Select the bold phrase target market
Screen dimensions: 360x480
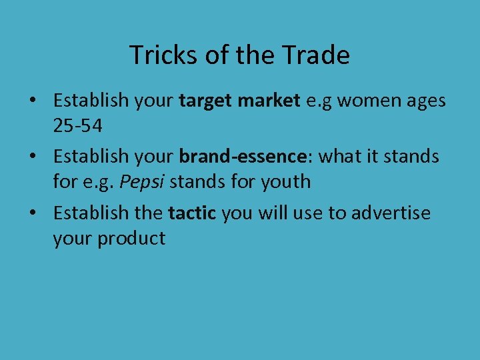coord(239,101)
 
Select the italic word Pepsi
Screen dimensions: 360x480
coord(140,181)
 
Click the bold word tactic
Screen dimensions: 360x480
coord(192,213)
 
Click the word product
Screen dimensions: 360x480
coord(132,238)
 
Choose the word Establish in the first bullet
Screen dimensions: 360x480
coord(91,101)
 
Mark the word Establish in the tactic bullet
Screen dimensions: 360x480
coord(91,213)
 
